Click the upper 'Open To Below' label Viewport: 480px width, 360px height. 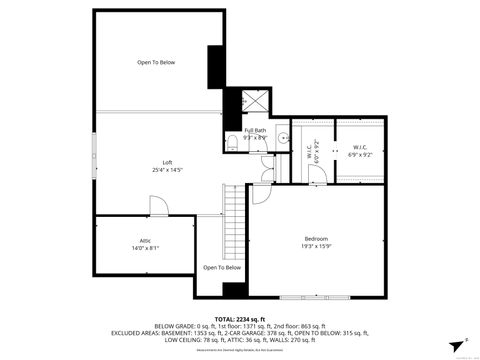tap(156, 63)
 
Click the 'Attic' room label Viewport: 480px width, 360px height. tap(145, 240)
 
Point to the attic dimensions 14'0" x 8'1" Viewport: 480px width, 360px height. tap(145, 248)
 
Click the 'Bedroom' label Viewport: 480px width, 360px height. tap(317, 237)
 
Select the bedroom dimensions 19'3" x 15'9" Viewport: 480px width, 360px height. tap(317, 246)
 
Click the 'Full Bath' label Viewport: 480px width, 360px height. tap(255, 129)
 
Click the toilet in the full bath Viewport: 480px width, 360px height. tap(231, 142)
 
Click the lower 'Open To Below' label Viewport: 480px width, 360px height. tap(221, 267)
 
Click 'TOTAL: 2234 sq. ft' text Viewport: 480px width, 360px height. tap(240, 317)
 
